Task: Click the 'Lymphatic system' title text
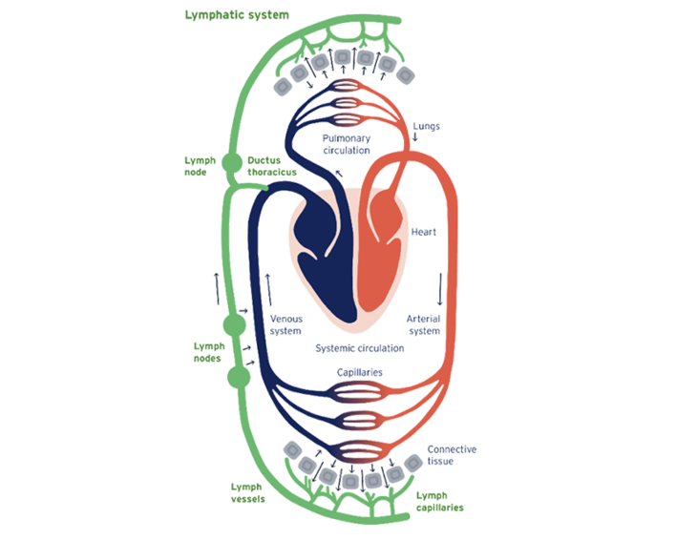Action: point(236,16)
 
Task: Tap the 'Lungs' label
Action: point(425,126)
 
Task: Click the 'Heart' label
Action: point(424,232)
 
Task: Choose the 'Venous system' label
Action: point(285,324)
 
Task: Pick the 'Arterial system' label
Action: point(424,324)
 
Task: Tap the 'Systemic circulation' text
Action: point(359,349)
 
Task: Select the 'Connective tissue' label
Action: point(452,454)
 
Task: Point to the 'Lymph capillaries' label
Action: point(439,502)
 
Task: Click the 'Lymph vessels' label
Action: point(245,492)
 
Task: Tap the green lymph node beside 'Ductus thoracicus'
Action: point(231,164)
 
